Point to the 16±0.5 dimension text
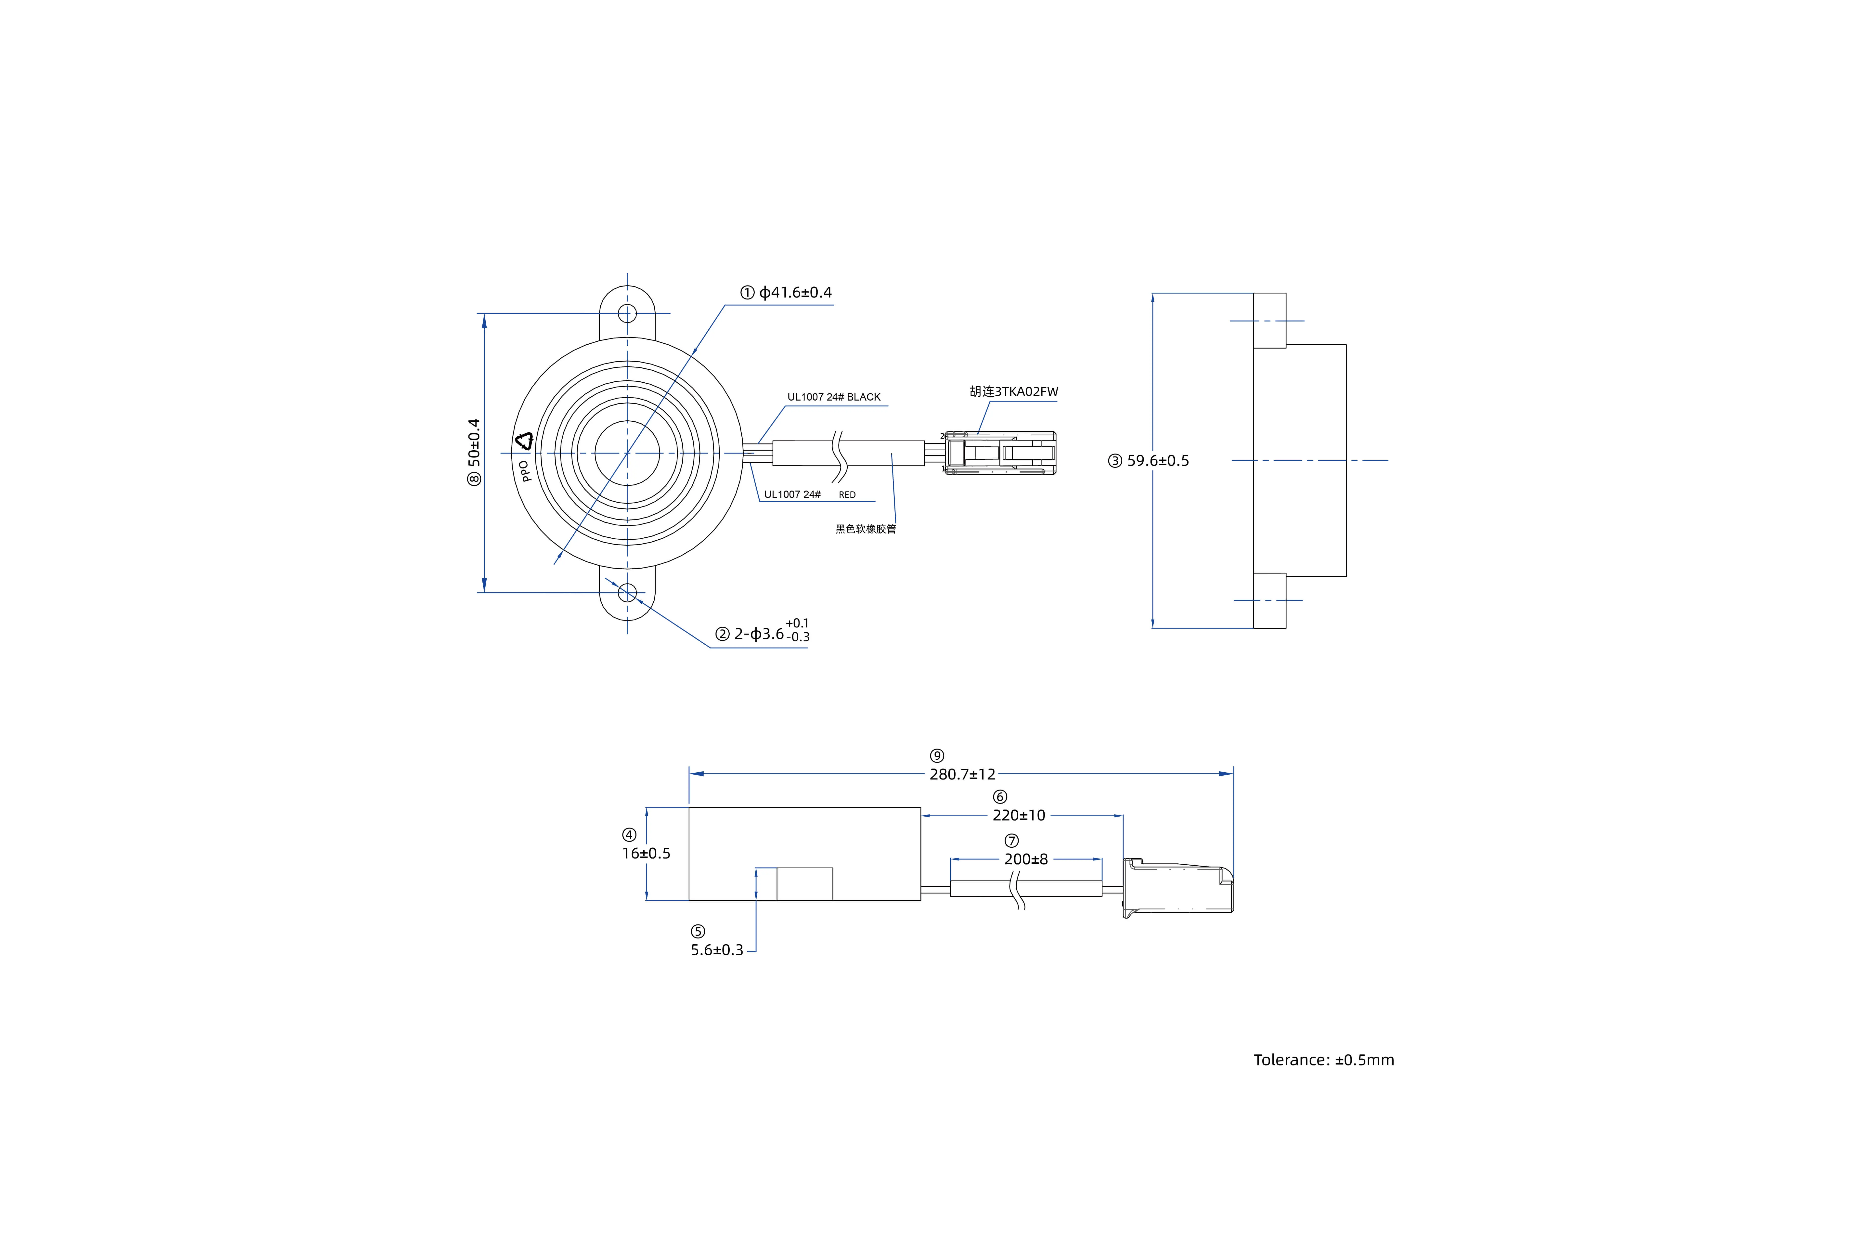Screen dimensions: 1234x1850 pyautogui.click(x=646, y=853)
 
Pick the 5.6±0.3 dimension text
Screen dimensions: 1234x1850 pyautogui.click(x=717, y=950)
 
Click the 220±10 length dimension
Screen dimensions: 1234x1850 pyautogui.click(x=1019, y=815)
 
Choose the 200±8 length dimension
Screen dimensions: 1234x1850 pyautogui.click(x=1026, y=859)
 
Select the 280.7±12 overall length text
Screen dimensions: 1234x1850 pyautogui.click(x=962, y=774)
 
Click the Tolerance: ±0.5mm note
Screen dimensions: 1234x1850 pyautogui.click(x=1324, y=1060)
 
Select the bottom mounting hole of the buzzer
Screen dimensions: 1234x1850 pyautogui.click(x=627, y=593)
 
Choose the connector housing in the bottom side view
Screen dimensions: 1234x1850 pyautogui.click(x=1178, y=887)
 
